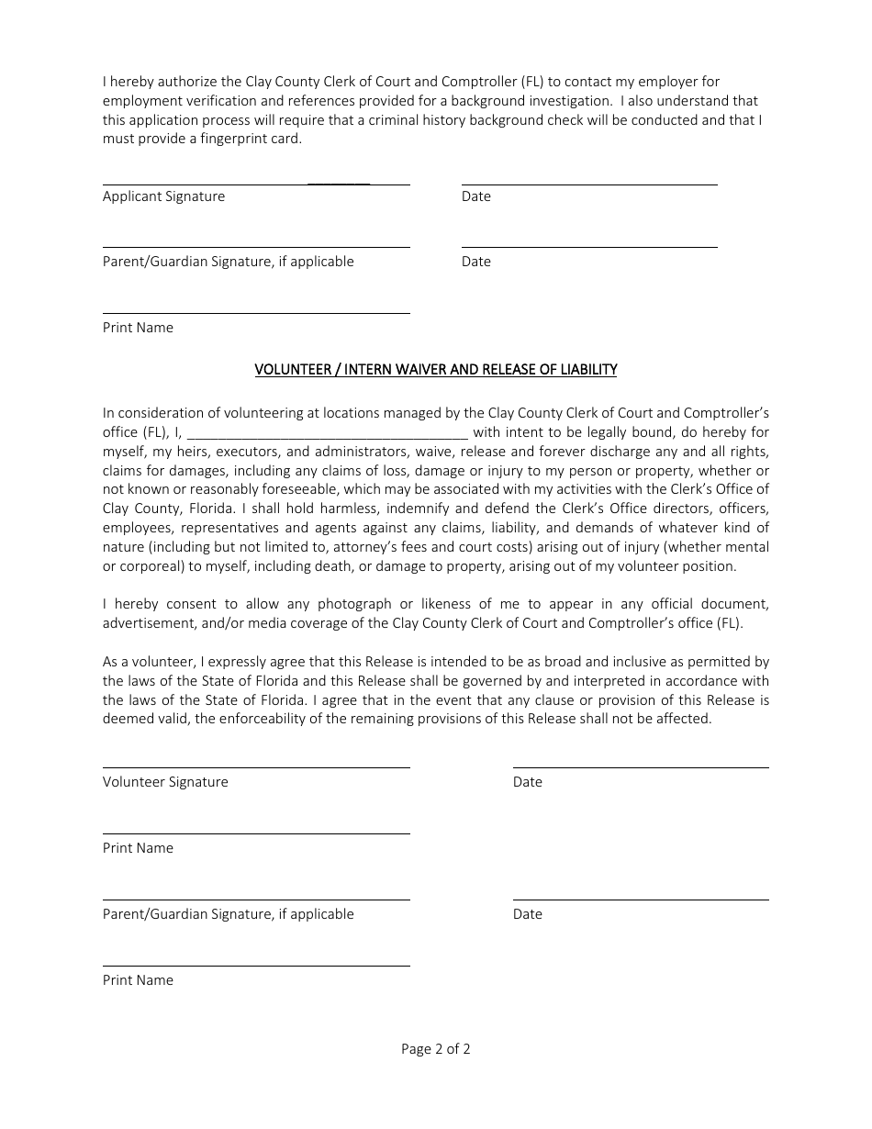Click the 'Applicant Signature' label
click(163, 196)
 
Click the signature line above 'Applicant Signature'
click(256, 184)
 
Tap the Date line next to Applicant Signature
click(589, 184)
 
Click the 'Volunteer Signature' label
click(165, 782)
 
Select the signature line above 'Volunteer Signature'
click(256, 767)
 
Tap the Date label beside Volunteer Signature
click(528, 782)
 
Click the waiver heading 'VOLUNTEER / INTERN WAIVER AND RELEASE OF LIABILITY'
click(436, 370)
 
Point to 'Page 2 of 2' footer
click(436, 1049)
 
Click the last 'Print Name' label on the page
click(138, 980)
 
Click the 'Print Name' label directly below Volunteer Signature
click(138, 848)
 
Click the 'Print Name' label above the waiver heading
click(138, 328)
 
